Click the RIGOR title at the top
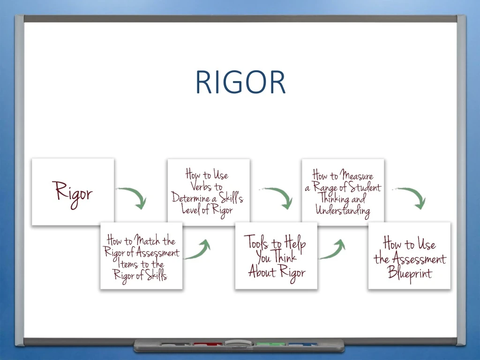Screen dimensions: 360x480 pyautogui.click(x=240, y=82)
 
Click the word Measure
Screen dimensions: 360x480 pyautogui.click(x=357, y=176)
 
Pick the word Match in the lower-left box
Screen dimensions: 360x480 pyautogui.click(x=148, y=241)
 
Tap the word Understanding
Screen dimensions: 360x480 pyautogui.click(x=343, y=210)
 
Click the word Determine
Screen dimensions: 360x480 pyautogui.click(x=190, y=197)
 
